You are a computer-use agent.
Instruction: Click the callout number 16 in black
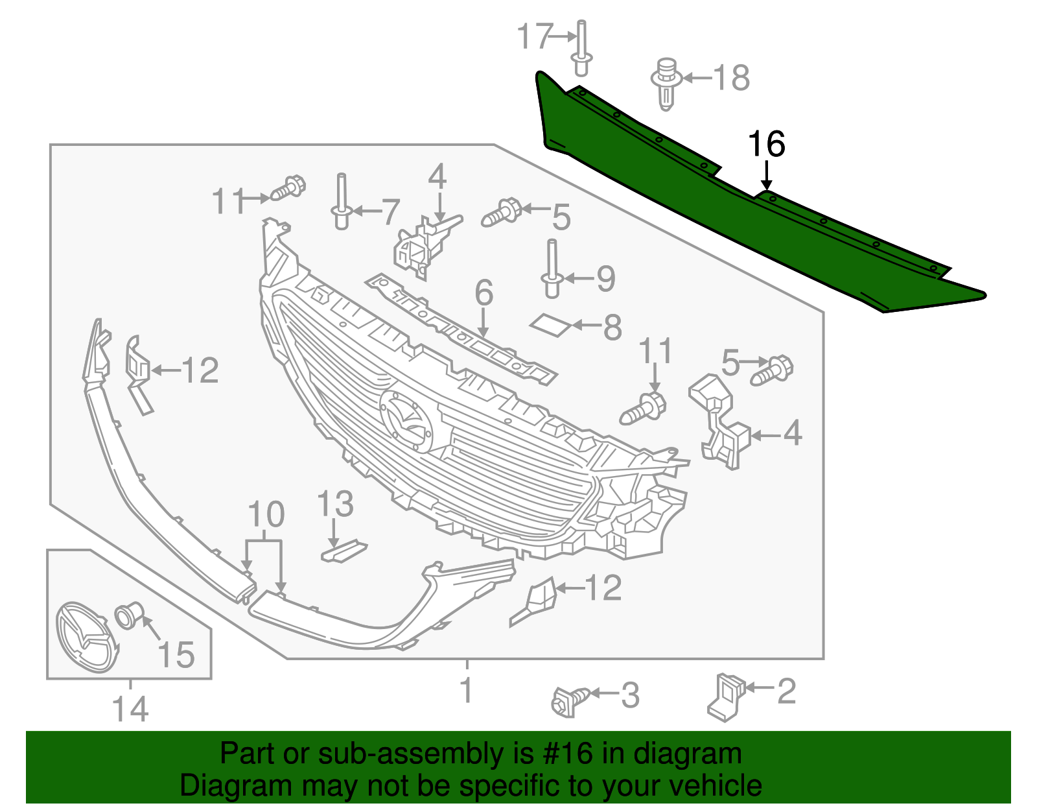[766, 144]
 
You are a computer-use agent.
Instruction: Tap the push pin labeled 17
[581, 49]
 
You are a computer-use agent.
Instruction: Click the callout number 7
[390, 211]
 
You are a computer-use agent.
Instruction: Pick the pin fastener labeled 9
[552, 269]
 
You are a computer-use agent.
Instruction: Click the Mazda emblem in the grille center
[406, 422]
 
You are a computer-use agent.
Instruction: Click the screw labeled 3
[570, 701]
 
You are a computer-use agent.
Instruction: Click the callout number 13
[335, 504]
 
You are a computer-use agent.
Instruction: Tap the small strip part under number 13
[344, 551]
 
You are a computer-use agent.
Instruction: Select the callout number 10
[266, 514]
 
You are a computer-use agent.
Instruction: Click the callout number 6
[484, 293]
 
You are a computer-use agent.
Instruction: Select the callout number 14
[130, 709]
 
